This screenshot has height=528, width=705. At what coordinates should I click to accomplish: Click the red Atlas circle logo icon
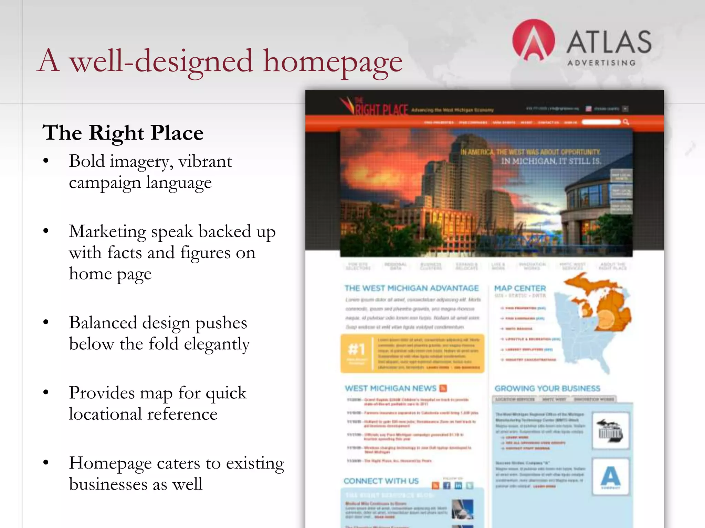(x=533, y=40)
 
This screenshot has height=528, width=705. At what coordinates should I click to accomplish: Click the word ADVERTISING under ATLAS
(x=601, y=63)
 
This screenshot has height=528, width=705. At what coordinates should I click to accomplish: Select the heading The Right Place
(x=123, y=133)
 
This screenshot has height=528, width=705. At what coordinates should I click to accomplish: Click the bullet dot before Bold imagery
(x=46, y=161)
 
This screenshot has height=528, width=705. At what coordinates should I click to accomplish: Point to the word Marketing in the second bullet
(x=107, y=231)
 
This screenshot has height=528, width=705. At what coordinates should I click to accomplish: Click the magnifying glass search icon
(x=626, y=122)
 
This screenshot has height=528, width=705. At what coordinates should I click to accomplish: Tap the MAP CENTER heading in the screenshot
(x=520, y=288)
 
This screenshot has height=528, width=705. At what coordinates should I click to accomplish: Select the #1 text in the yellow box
(x=356, y=349)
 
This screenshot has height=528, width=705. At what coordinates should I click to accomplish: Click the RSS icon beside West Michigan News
(x=443, y=388)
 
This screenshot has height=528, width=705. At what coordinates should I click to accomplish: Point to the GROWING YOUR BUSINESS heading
(x=547, y=388)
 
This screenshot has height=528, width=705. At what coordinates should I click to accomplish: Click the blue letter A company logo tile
(x=610, y=476)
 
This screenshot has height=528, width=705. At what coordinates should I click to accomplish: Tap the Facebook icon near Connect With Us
(x=447, y=485)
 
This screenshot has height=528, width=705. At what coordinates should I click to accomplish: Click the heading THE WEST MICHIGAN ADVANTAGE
(x=412, y=288)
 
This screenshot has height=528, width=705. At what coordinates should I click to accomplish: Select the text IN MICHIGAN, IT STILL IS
(x=551, y=161)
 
